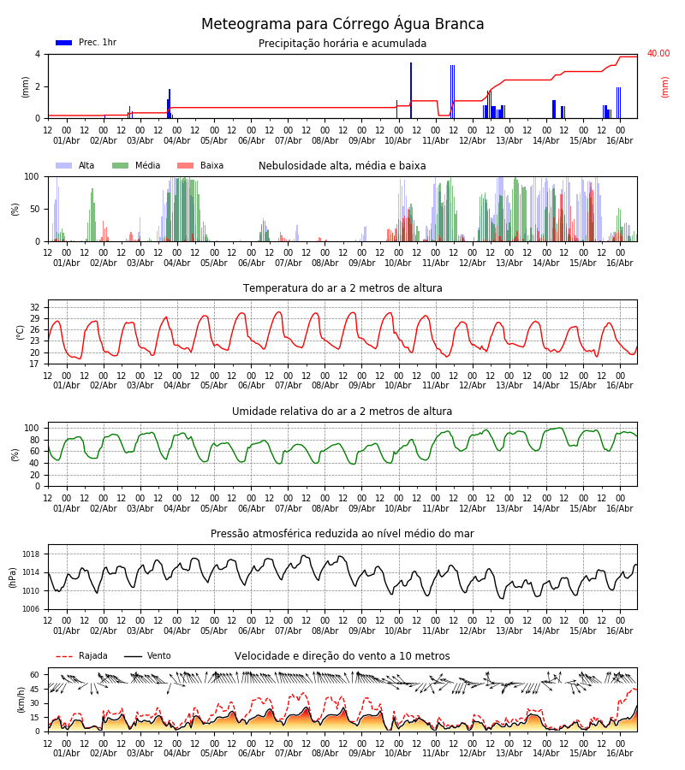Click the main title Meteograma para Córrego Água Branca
(x=342, y=24)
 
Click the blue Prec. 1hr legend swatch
(x=64, y=43)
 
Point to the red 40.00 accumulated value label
(x=658, y=53)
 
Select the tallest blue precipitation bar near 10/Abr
(x=411, y=91)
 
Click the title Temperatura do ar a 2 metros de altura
(x=342, y=288)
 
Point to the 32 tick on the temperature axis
(x=34, y=307)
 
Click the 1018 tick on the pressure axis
(x=31, y=554)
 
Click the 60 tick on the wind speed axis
(x=34, y=675)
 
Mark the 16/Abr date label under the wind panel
(x=619, y=753)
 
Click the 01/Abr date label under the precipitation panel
(x=66, y=140)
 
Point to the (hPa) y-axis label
(x=13, y=577)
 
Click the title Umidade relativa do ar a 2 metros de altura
(x=342, y=411)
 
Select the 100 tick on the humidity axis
(x=32, y=428)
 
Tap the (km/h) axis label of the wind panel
(x=21, y=700)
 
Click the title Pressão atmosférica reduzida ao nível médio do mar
(x=342, y=533)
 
